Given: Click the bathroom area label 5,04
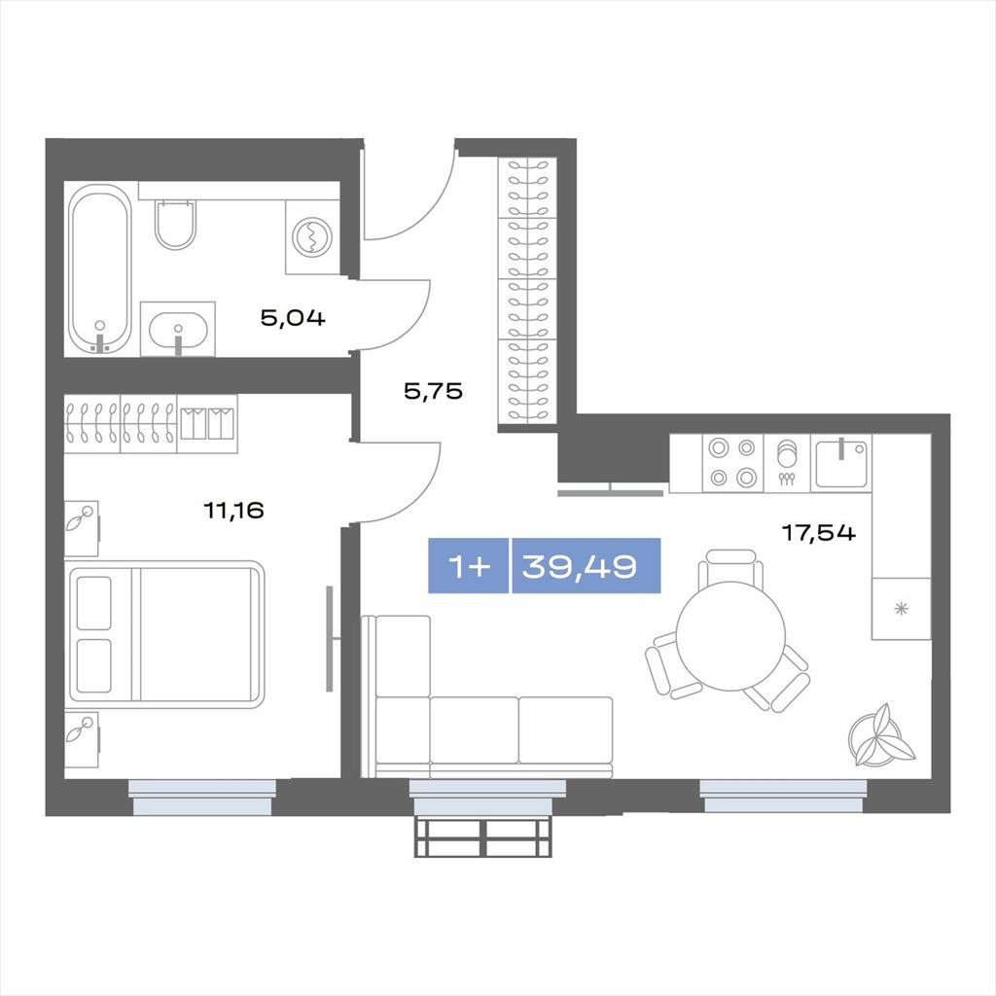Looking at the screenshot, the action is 293,318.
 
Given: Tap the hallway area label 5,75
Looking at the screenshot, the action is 433,391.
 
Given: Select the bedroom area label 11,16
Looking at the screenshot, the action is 233,510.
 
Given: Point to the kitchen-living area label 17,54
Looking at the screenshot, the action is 819,532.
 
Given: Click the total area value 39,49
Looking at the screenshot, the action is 580,565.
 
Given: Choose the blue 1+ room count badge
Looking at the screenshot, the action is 469,565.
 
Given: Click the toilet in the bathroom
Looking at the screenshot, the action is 175,224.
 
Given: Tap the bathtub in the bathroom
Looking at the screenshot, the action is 100,268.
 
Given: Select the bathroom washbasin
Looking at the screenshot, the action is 178,329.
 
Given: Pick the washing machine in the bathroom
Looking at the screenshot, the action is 312,237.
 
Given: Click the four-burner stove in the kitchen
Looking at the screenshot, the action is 732,462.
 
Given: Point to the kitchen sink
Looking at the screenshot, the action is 840,462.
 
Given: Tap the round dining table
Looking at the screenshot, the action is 730,636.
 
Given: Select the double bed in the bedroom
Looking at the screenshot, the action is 166,634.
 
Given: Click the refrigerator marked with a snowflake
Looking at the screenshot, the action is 901,609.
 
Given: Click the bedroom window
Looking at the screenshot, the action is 202,798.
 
